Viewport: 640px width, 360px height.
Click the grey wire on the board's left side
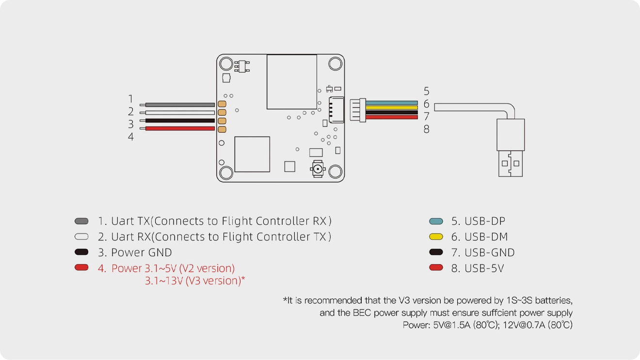point(179,105)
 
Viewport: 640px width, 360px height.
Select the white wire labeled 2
point(179,112)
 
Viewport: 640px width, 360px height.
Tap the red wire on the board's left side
point(179,128)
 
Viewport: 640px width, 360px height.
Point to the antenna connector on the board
point(318,170)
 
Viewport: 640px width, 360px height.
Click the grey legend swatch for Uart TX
point(81,221)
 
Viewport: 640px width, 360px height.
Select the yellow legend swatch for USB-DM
point(436,237)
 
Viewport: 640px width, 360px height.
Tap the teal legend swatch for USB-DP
point(436,221)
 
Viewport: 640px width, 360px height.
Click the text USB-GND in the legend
point(489,252)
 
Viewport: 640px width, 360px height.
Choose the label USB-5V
point(484,268)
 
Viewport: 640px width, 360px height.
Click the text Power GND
point(141,252)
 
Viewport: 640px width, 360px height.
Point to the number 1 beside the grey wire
point(130,99)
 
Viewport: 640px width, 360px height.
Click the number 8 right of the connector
point(426,129)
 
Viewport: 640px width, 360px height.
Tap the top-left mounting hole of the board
point(226,64)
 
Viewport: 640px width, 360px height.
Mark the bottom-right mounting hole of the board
point(335,172)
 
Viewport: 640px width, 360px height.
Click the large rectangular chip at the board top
point(292,81)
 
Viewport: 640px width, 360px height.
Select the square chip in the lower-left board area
point(252,154)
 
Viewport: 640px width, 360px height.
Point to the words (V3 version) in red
point(213,281)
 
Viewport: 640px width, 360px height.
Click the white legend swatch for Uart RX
point(81,237)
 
